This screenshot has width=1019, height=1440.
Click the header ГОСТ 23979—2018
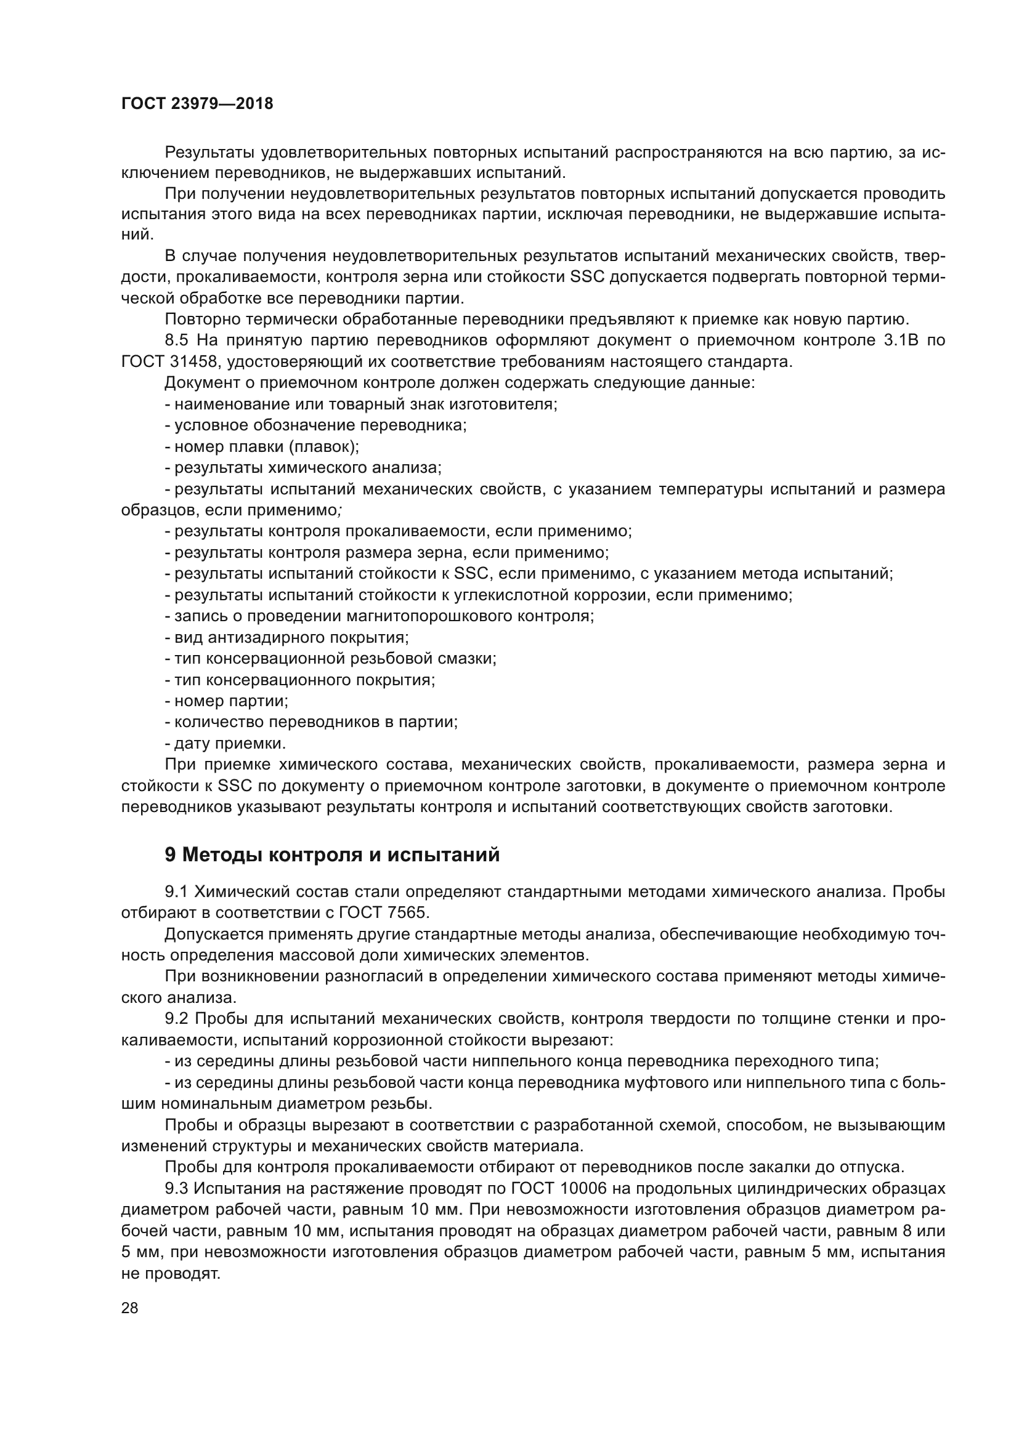click(x=197, y=103)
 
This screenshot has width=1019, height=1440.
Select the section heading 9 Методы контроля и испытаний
click(x=332, y=855)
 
